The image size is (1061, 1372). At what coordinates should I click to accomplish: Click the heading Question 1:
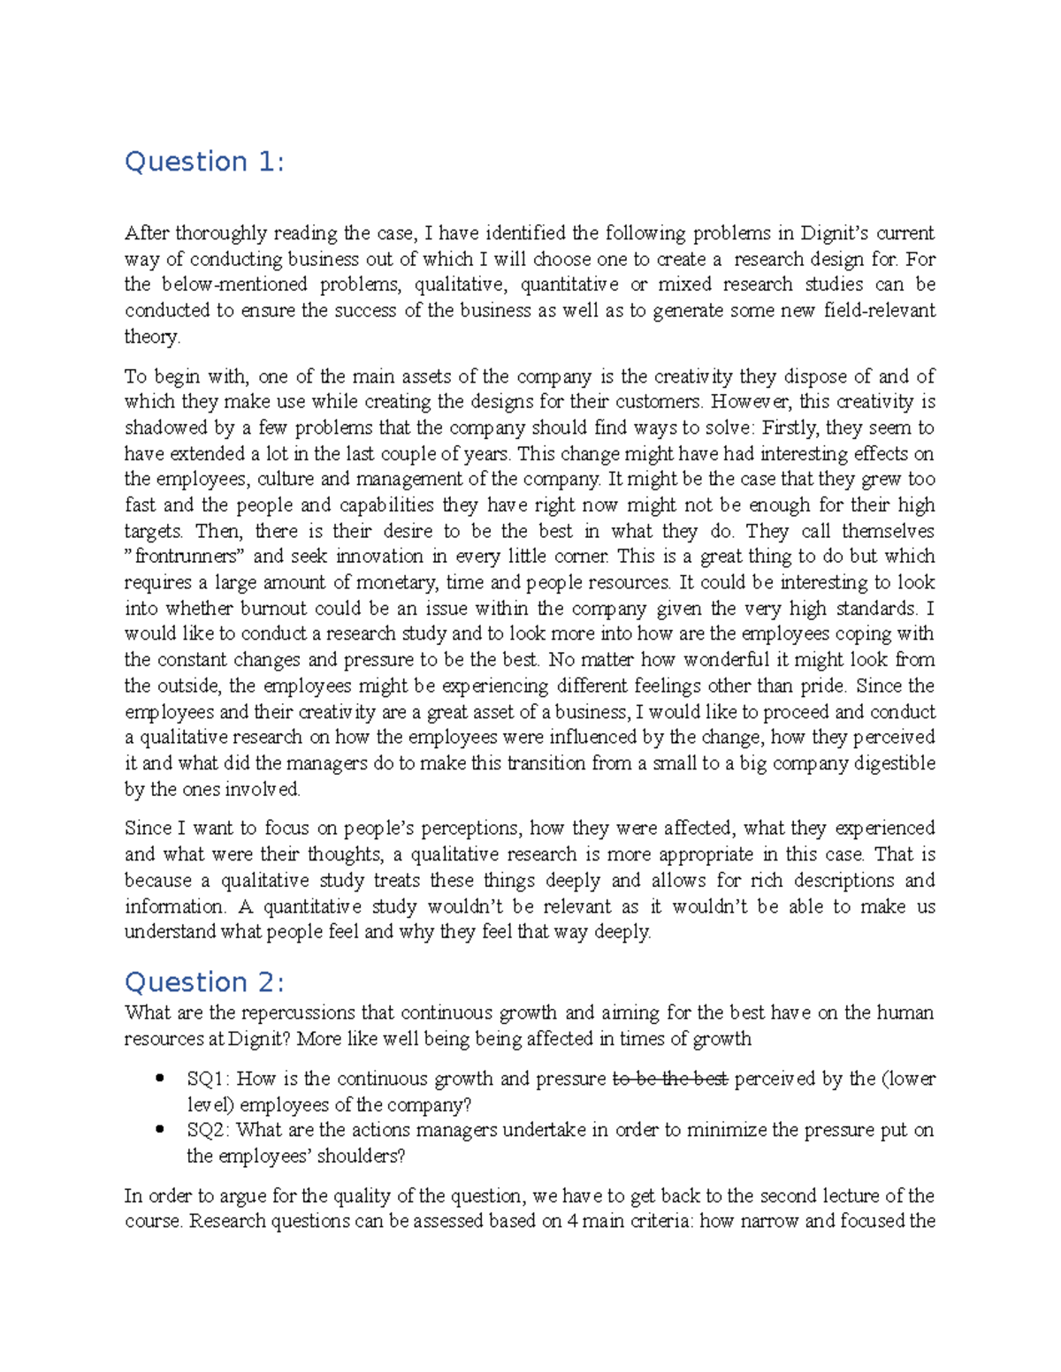(204, 162)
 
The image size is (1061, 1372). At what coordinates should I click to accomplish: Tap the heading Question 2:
(204, 982)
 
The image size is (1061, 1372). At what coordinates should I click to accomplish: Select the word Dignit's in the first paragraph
(835, 233)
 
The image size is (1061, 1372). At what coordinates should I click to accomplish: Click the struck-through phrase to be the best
(670, 1079)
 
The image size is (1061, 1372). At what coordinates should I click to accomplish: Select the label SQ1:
(209, 1079)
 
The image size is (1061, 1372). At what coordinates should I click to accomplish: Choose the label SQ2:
(209, 1130)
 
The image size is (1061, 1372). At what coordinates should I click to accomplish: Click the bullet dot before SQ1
(160, 1079)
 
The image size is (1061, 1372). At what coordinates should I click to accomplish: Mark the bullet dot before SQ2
(160, 1130)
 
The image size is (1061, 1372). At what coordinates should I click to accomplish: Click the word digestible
(895, 763)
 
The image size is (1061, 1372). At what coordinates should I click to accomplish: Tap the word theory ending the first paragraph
(151, 337)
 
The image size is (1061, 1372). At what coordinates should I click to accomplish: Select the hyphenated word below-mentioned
(234, 284)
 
